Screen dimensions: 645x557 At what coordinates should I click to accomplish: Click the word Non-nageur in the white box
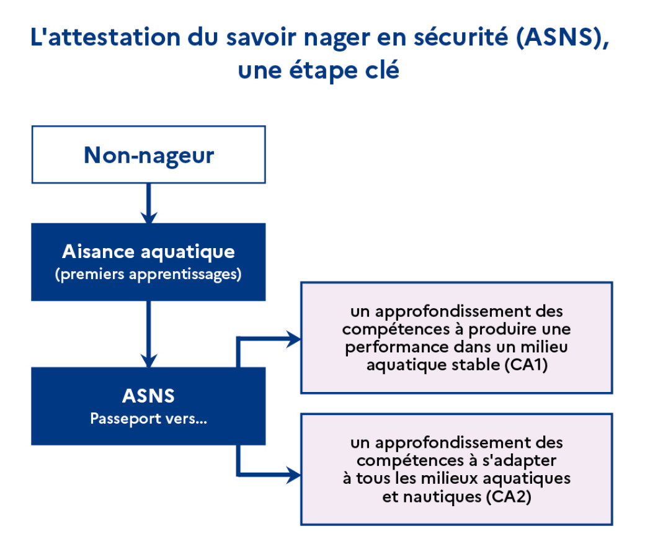pos(149,156)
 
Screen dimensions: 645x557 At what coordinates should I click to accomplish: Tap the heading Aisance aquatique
pos(148,252)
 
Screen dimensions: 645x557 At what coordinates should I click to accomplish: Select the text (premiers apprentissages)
pos(148,274)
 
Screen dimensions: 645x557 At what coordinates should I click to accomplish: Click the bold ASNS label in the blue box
pos(148,396)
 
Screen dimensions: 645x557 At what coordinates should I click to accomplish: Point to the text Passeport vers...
pos(148,418)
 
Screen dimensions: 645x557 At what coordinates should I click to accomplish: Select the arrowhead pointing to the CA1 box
pos(294,339)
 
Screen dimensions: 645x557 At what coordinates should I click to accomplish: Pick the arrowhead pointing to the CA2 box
pos(294,475)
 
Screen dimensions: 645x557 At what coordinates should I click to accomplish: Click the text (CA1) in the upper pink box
pos(526,365)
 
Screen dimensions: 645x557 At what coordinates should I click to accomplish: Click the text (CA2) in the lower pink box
pos(509,497)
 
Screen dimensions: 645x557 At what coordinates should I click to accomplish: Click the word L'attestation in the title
pos(105,37)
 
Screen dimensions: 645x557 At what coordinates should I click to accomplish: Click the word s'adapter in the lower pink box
pos(519,461)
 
